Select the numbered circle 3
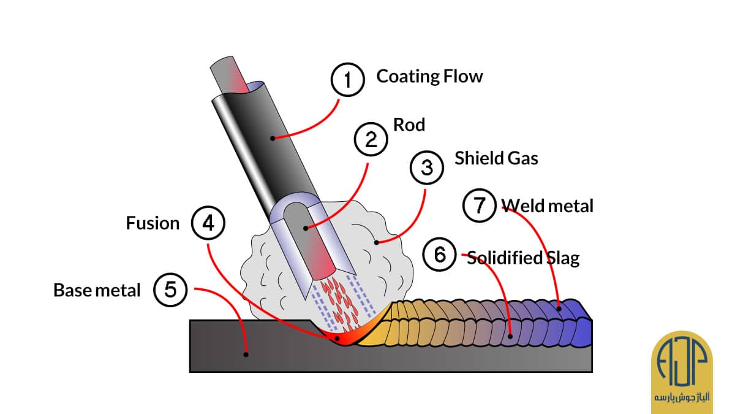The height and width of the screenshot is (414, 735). tap(427, 167)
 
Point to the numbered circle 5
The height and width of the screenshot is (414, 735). tap(170, 289)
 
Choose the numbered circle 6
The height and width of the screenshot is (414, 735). tap(440, 254)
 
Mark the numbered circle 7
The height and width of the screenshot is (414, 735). tap(480, 205)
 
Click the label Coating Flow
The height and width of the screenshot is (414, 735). tap(429, 77)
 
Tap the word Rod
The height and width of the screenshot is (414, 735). tap(409, 125)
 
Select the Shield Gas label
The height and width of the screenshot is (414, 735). tap(496, 158)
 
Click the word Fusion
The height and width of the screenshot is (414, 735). tap(153, 223)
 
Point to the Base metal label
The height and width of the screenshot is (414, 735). tap(97, 290)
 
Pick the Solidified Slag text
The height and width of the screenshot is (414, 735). tap(523, 258)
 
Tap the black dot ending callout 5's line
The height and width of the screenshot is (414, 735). tap(246, 354)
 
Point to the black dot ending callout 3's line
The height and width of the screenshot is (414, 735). tap(377, 242)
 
